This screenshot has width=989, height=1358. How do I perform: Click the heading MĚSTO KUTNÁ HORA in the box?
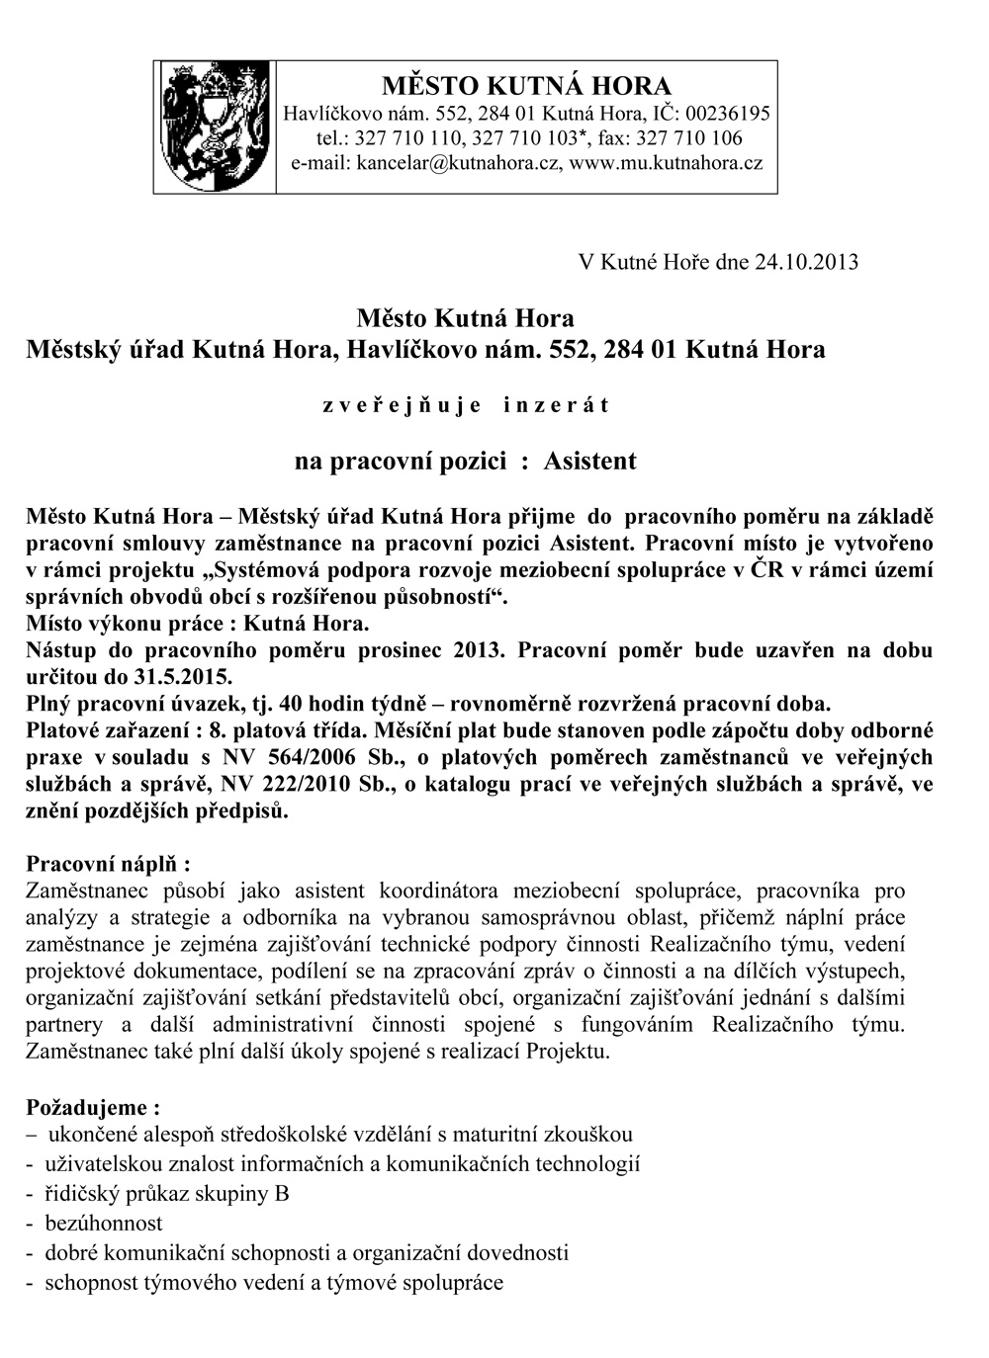[x=526, y=85]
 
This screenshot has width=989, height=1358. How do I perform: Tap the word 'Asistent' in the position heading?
[x=590, y=461]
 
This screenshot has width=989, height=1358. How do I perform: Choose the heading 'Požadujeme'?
[x=92, y=1106]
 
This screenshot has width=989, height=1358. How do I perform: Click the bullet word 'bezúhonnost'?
[x=104, y=1223]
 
